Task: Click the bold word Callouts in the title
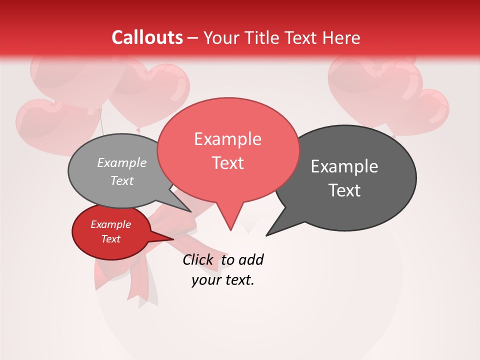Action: click(x=147, y=37)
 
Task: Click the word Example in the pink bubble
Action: click(x=227, y=139)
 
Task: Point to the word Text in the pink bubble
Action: click(x=227, y=163)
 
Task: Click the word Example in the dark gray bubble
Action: click(x=344, y=166)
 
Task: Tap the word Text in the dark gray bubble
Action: click(x=344, y=190)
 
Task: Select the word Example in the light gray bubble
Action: click(x=122, y=162)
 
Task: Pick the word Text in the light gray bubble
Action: click(x=122, y=180)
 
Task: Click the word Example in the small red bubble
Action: click(x=110, y=224)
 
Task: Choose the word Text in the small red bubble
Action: click(x=110, y=239)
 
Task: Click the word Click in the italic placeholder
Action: click(x=198, y=259)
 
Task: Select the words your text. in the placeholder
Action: click(x=222, y=280)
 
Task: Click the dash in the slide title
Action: click(x=193, y=37)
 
